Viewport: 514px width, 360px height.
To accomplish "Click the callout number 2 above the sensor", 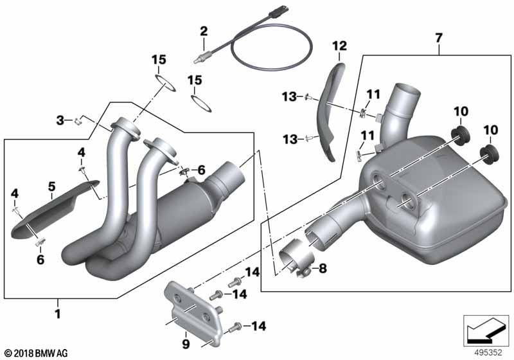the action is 204,32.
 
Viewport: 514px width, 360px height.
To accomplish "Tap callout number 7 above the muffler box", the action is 439,38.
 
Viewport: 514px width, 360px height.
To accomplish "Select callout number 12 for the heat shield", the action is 339,46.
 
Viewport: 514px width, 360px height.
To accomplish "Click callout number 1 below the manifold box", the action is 58,314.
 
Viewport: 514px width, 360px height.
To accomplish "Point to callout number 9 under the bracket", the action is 186,345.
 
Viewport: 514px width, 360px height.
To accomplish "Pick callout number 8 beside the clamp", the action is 323,269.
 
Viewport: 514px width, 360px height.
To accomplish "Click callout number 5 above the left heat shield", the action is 52,186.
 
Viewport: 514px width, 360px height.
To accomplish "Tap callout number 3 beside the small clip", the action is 60,120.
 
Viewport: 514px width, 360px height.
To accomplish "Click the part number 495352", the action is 488,353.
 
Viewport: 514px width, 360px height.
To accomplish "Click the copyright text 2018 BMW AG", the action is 37,354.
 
